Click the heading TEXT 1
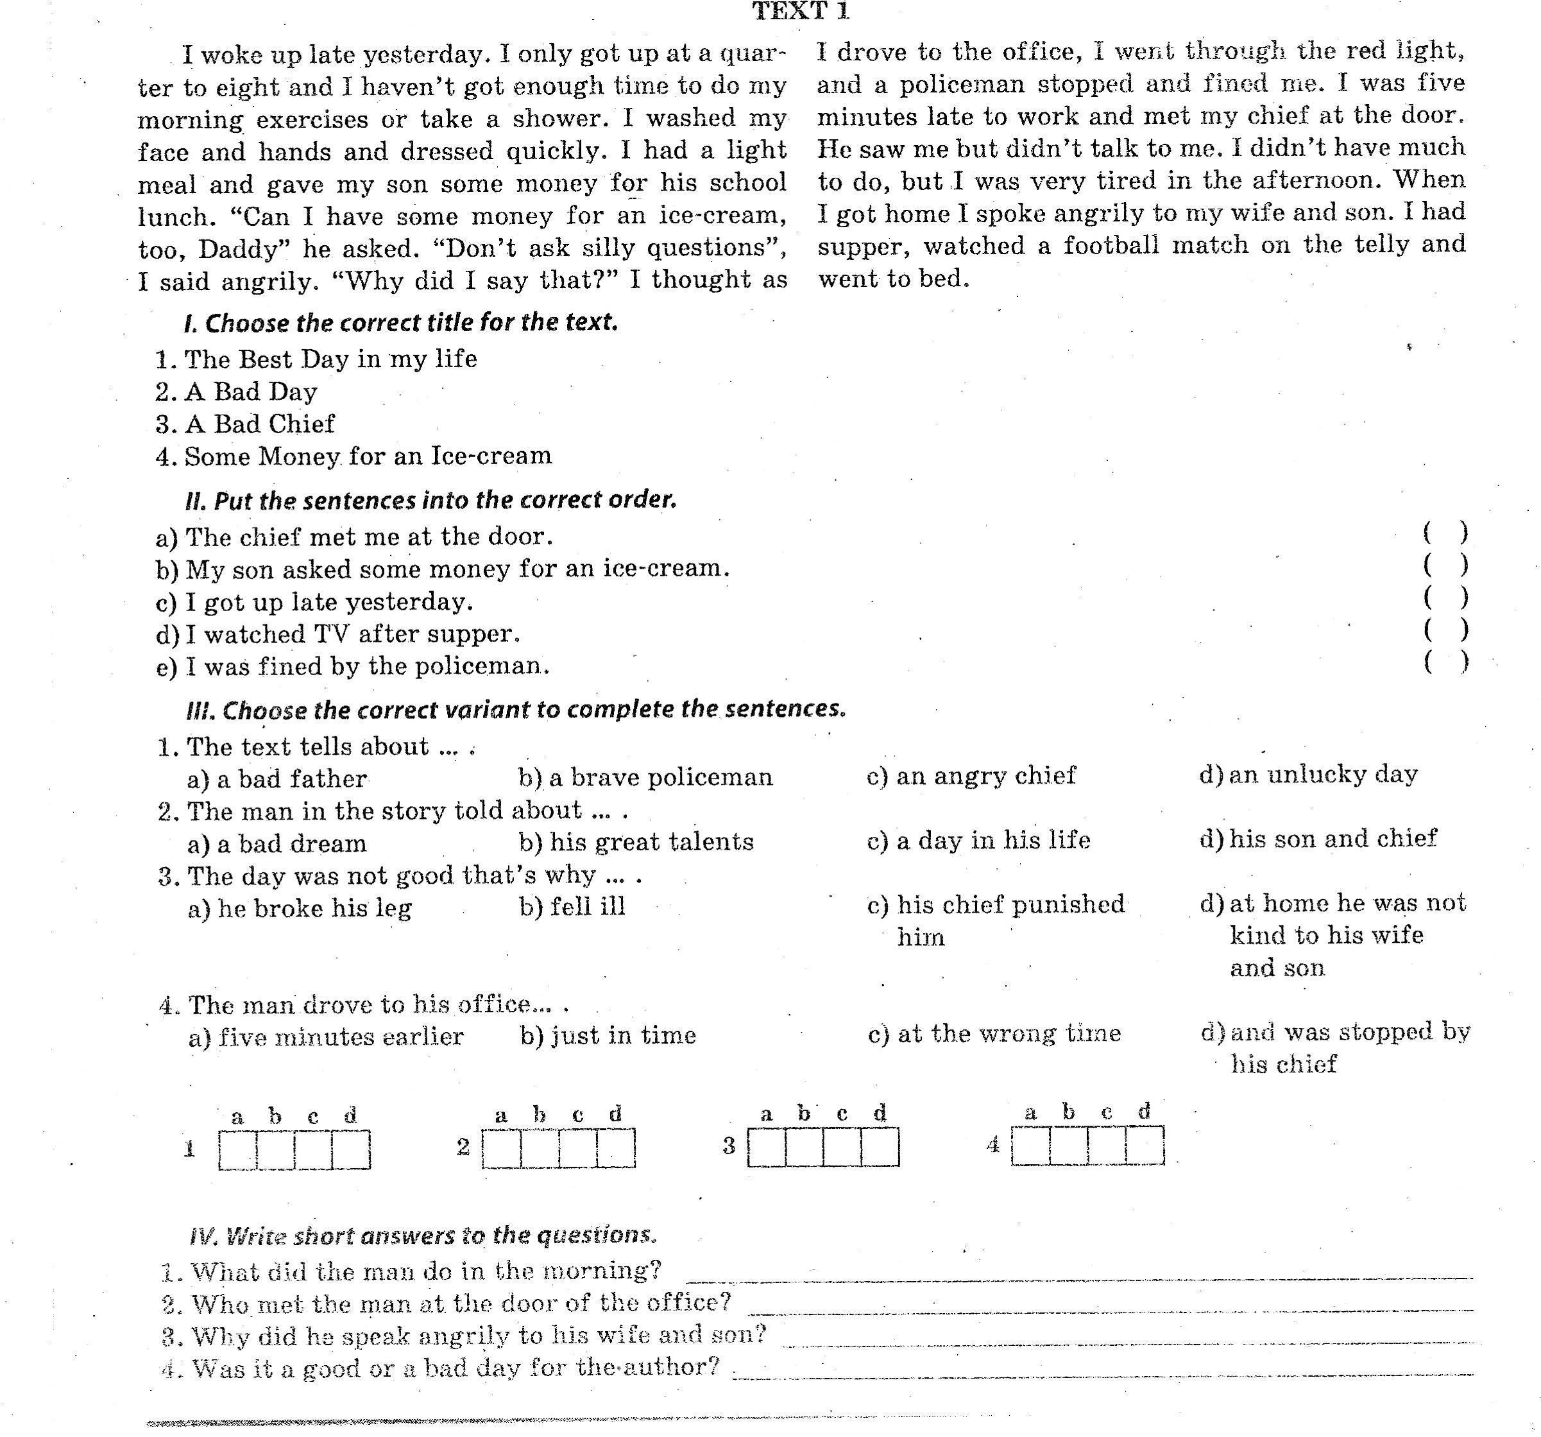click(801, 11)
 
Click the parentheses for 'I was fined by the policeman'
click(1445, 662)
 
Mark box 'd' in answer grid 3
click(880, 1147)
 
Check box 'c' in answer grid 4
click(1107, 1146)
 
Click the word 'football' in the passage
click(1111, 245)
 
